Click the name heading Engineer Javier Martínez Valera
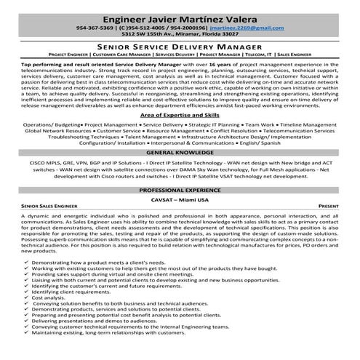[180, 14]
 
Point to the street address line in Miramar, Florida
[180, 33]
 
